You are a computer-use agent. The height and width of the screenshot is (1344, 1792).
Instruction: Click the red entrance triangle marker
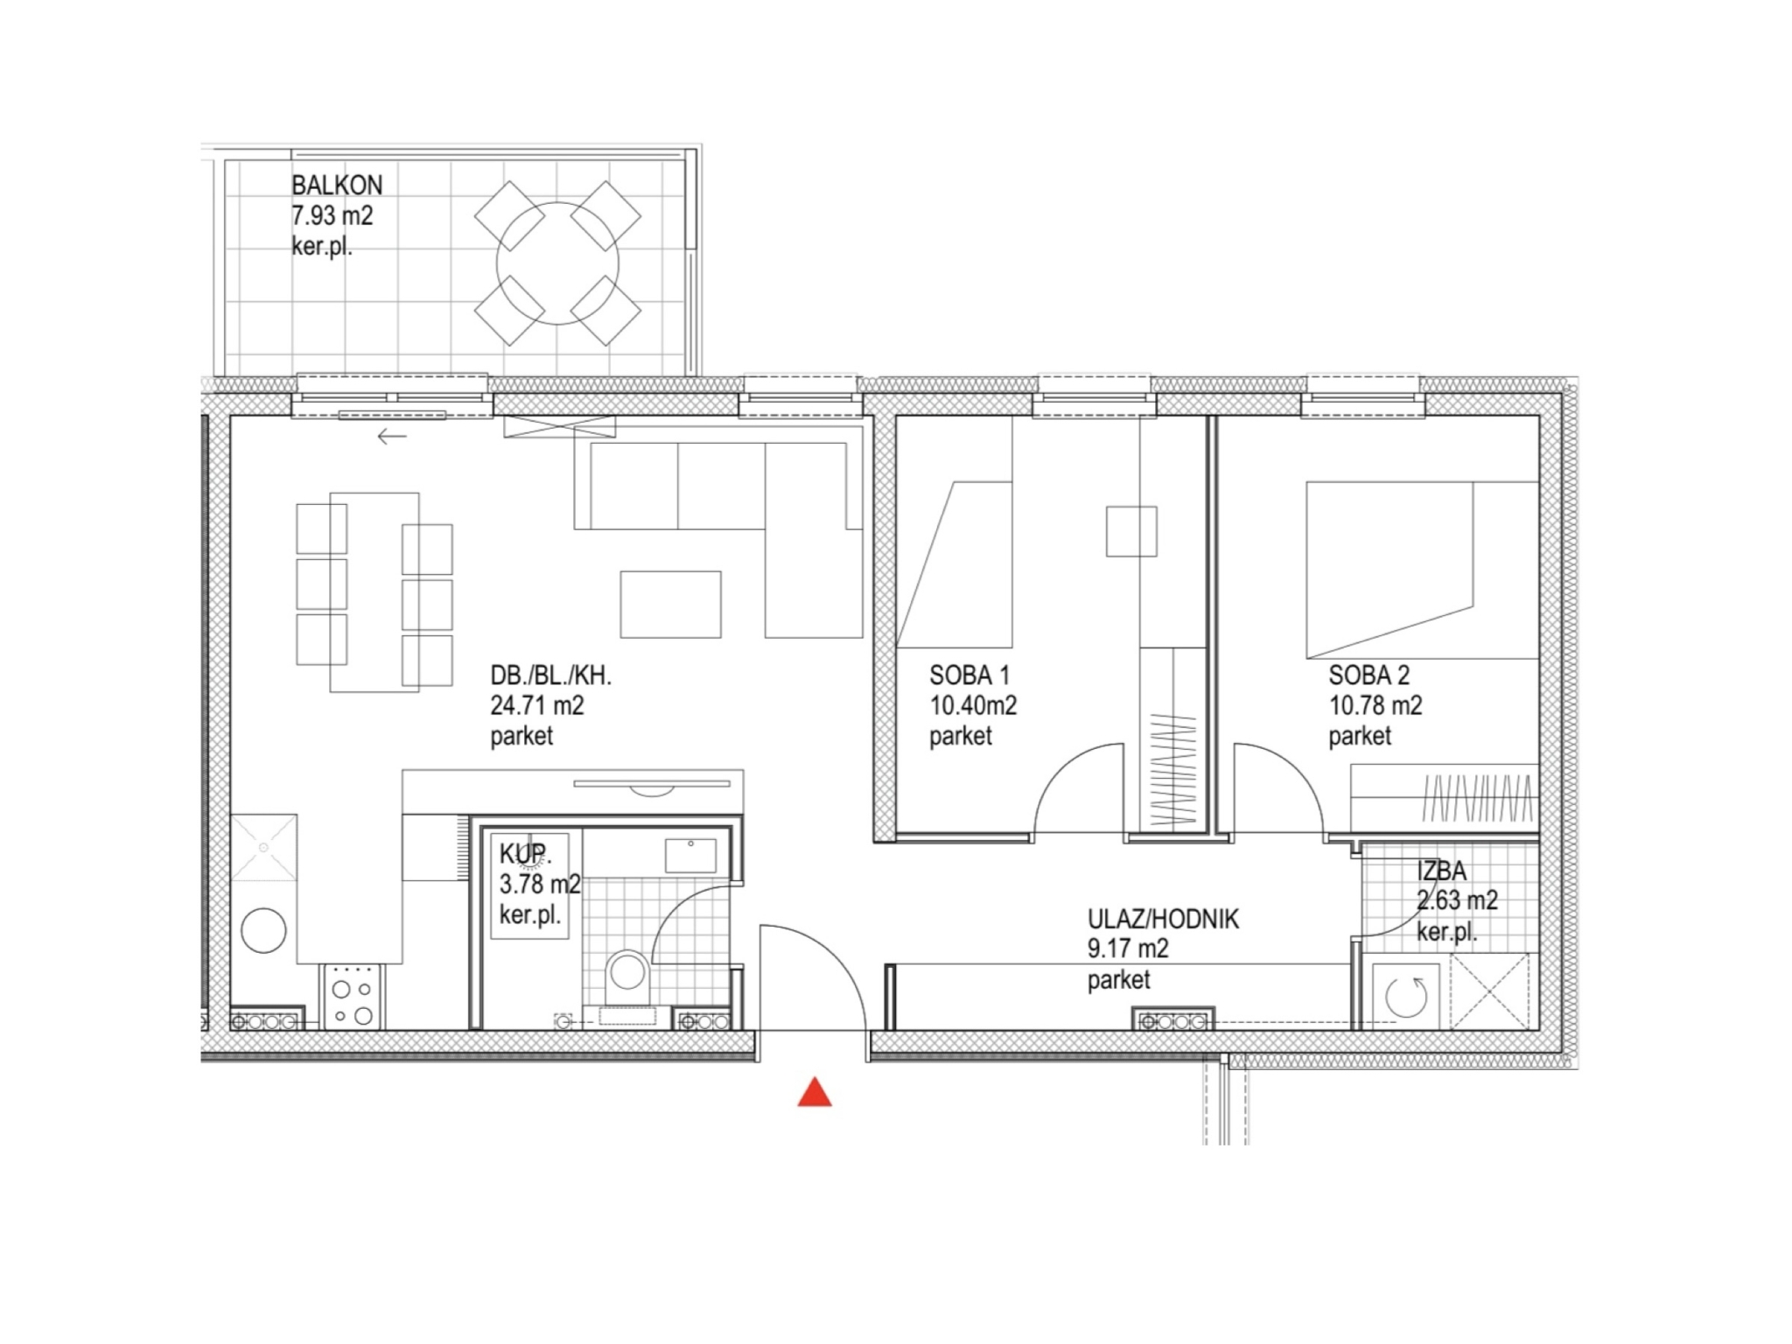(814, 1092)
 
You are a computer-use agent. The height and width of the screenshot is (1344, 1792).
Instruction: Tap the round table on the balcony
(557, 263)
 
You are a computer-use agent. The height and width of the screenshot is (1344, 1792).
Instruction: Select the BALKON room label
(337, 185)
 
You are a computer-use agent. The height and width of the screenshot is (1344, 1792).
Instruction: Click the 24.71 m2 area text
(536, 705)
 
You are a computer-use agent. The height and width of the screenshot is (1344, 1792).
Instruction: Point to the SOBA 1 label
(969, 675)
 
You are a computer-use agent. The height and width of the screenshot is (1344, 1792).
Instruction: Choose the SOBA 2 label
(1368, 675)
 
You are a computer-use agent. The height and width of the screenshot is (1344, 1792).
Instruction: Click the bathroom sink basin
(690, 855)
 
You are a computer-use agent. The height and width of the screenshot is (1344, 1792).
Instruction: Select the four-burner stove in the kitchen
(353, 996)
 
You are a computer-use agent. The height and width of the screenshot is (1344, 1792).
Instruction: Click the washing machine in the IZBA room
(1406, 996)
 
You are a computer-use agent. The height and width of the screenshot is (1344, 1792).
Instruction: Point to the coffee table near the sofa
(670, 605)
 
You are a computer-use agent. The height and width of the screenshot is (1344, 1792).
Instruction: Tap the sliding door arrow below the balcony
(392, 436)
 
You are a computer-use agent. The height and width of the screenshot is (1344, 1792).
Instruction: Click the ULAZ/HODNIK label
(1163, 920)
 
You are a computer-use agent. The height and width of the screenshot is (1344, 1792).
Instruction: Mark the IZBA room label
(1441, 871)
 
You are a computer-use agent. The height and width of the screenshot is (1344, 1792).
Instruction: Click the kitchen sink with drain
(263, 847)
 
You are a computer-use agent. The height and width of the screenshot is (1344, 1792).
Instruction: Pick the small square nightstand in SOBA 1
(1131, 531)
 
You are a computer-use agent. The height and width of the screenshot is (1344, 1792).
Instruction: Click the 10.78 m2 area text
(1375, 705)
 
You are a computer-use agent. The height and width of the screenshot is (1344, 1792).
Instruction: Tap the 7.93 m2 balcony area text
(332, 215)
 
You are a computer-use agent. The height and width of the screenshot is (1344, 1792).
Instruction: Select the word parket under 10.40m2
(960, 736)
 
